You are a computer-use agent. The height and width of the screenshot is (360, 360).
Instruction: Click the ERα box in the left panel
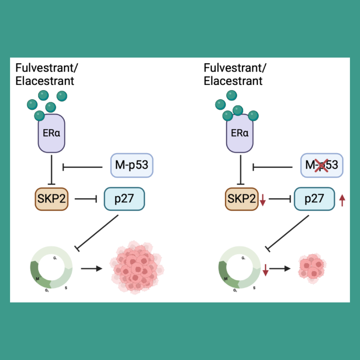pos(51,133)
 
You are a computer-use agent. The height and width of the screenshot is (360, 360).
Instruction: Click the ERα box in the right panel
pos(240,133)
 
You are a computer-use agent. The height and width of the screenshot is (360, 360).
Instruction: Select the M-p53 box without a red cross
pos(131,165)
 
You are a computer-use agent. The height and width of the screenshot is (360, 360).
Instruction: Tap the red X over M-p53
pos(321,165)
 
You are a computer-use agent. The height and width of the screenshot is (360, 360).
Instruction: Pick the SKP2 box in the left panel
pos(51,199)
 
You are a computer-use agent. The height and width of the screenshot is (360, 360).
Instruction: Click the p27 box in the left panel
pos(124,199)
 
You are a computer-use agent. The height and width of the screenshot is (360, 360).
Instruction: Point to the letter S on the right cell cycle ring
pos(254,287)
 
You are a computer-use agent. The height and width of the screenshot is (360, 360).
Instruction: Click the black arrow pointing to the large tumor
pos(91,268)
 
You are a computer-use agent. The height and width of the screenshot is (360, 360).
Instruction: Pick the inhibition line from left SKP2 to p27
pos(86,199)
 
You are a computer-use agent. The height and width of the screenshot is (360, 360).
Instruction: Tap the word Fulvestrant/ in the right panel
pos(235,68)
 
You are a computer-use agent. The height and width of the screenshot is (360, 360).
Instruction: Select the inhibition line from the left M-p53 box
pos(82,166)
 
